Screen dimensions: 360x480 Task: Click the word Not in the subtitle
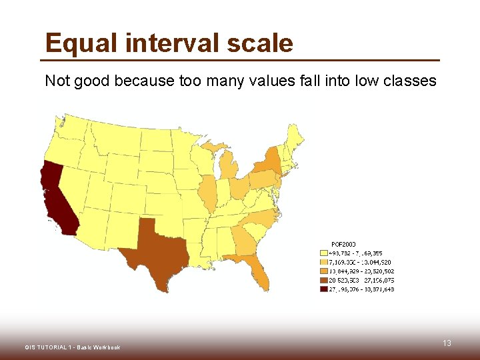57,81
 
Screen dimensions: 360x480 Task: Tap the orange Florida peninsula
257,270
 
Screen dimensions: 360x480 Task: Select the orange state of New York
269,161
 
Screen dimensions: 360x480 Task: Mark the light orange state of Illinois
208,193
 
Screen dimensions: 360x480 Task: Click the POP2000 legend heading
343,243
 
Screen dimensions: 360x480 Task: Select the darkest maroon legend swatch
324,289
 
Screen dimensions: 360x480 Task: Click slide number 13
447,343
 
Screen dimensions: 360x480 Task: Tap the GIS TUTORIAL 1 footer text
72,347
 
